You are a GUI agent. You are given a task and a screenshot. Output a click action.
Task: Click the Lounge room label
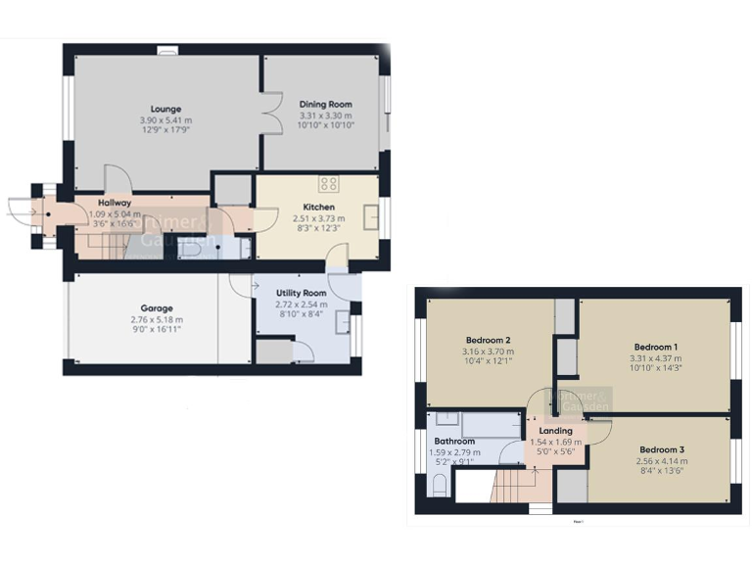[x=166, y=108]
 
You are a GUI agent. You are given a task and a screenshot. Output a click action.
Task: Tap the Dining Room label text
[x=325, y=104]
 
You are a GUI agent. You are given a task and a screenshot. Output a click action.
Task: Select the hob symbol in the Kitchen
[x=328, y=184]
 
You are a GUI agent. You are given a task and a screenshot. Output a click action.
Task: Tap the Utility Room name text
[x=301, y=293]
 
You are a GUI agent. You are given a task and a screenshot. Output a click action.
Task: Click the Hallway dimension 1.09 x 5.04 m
[x=113, y=213]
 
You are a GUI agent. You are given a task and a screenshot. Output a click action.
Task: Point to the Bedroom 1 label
[x=655, y=348]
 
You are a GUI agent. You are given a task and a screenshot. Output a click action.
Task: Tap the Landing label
[x=555, y=431]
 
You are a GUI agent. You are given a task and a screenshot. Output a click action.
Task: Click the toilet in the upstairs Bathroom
[x=440, y=486]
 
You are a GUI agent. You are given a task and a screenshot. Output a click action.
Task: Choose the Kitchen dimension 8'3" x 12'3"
[x=318, y=227]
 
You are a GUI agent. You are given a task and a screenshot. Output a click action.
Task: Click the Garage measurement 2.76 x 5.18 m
[x=156, y=319]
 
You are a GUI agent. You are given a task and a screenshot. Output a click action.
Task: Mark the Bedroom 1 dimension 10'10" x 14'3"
[x=655, y=369]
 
